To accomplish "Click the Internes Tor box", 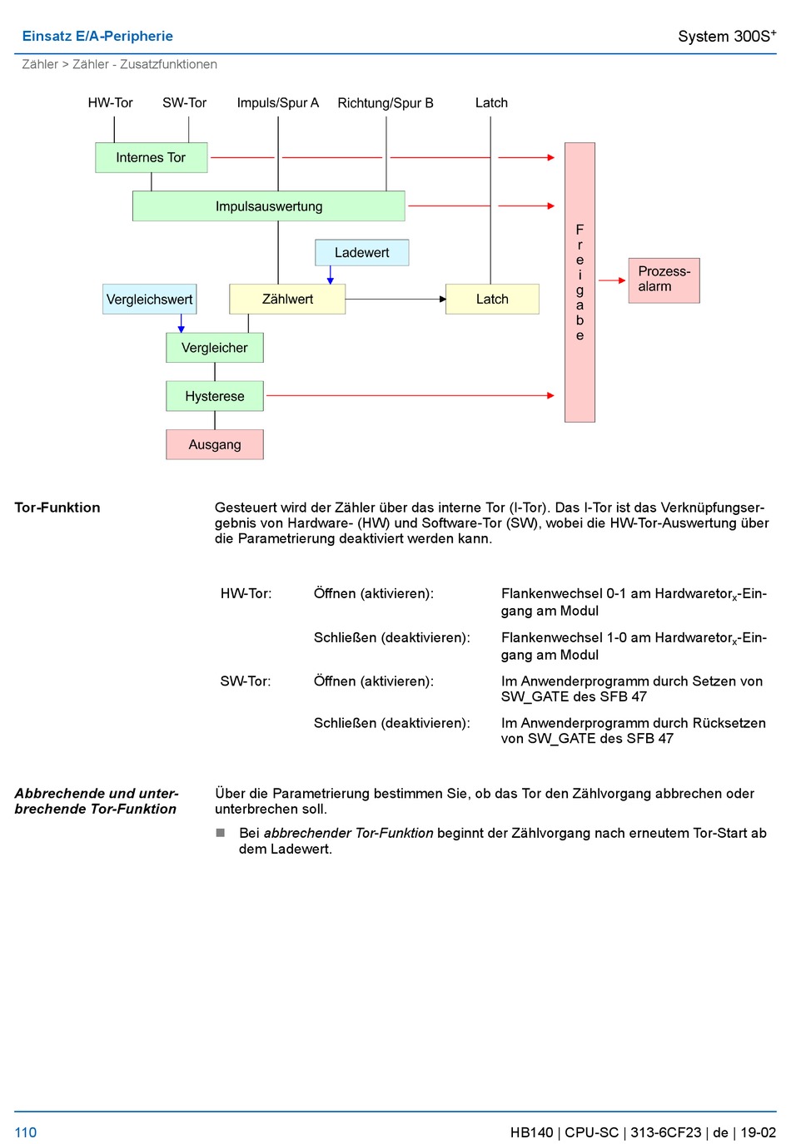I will [151, 157].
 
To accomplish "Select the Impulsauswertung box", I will [268, 206].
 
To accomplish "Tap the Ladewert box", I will [361, 252].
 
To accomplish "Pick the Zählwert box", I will [287, 299].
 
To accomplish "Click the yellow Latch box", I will [492, 299].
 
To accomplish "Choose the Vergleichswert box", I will [149, 299].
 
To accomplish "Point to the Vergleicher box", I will [214, 348].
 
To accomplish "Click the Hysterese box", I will [214, 396].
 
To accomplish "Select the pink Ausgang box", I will [214, 444].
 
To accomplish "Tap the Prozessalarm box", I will [664, 280].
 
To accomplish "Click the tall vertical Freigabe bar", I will [580, 282].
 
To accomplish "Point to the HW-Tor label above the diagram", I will [111, 103].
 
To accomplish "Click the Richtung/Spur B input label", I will [386, 103].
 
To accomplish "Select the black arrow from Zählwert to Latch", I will [395, 299].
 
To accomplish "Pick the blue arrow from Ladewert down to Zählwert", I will [331, 275].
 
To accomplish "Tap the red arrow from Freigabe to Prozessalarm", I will [611, 280].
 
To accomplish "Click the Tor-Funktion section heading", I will [57, 508].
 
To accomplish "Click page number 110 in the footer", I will [26, 1132].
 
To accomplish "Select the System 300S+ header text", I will [727, 36].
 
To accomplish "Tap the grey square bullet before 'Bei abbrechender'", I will [221, 833].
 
